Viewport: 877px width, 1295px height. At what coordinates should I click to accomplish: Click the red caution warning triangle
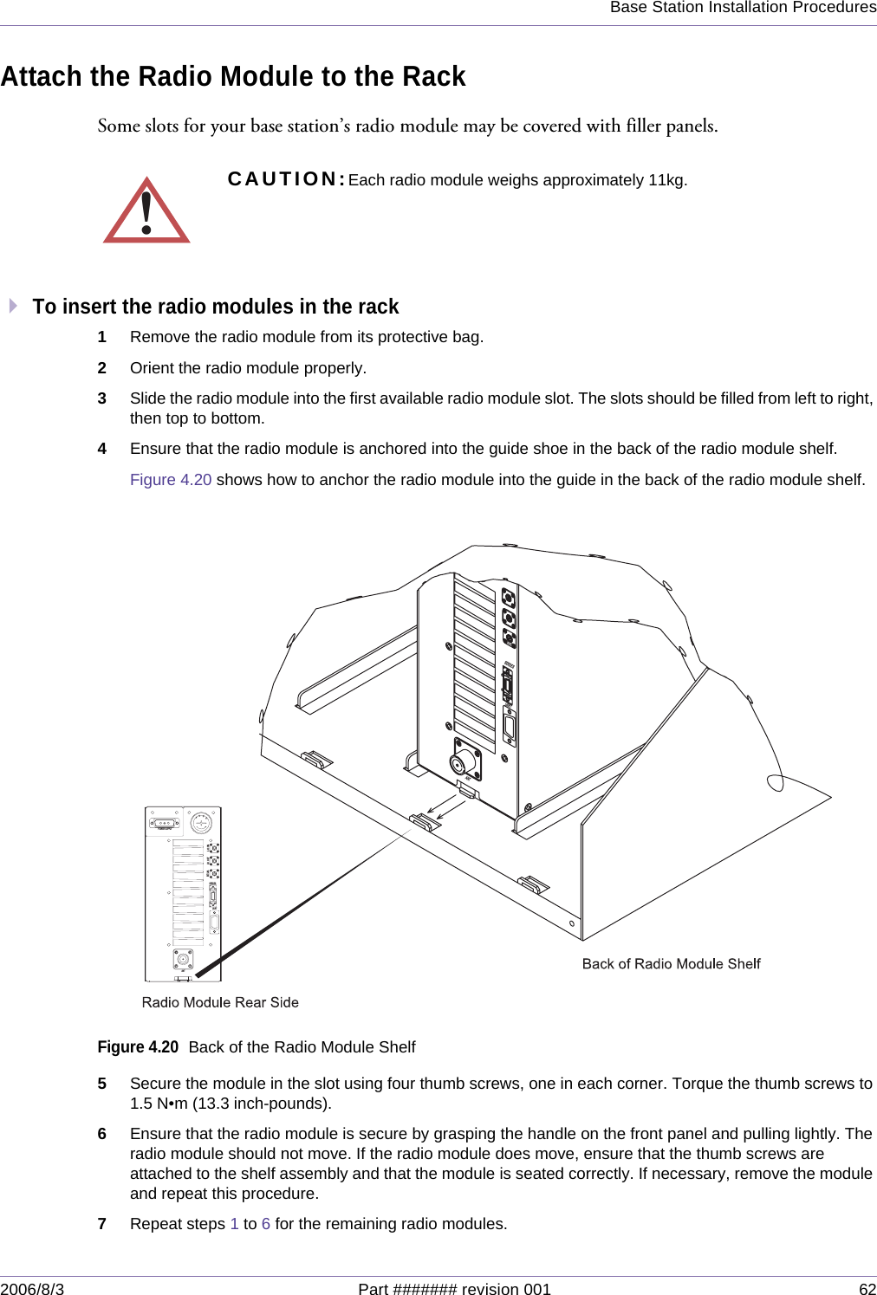(146, 212)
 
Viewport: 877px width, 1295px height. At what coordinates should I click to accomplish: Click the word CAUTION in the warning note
(286, 179)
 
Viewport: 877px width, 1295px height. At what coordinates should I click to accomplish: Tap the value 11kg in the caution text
(666, 180)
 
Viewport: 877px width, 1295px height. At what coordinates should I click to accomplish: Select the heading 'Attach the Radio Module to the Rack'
(233, 76)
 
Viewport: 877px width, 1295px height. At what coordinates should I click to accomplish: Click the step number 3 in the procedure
(102, 398)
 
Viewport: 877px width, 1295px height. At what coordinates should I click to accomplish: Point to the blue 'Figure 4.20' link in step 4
(171, 480)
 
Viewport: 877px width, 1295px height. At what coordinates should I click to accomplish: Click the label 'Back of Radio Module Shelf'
(671, 964)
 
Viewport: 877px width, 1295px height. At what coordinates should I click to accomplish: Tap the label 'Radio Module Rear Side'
(220, 1002)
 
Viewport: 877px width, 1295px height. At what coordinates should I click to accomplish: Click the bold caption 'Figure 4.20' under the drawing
(138, 1047)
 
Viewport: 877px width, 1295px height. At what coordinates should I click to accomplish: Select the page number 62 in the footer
(867, 1289)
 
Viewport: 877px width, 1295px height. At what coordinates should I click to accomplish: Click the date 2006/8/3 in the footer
(32, 1289)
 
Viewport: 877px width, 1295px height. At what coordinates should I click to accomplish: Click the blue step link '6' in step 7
(266, 1224)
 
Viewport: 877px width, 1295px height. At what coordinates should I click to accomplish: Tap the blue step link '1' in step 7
(234, 1224)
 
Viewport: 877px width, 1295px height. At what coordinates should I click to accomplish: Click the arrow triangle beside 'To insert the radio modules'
(13, 306)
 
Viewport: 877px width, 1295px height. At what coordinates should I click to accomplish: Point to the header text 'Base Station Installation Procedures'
(743, 8)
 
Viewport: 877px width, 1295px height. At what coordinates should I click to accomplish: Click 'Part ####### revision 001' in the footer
(454, 1289)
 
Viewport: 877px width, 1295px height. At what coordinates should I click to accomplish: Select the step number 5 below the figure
(102, 1084)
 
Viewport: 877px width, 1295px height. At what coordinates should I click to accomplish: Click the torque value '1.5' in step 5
(141, 1104)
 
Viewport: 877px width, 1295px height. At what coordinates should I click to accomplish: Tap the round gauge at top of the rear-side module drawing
(201, 822)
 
